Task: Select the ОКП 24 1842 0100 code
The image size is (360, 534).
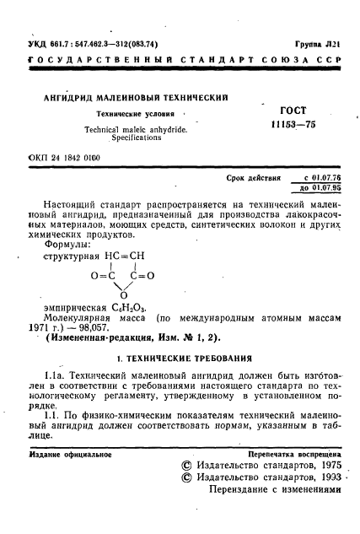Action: pyautogui.click(x=63, y=157)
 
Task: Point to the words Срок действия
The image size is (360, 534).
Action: pyautogui.click(x=254, y=180)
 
